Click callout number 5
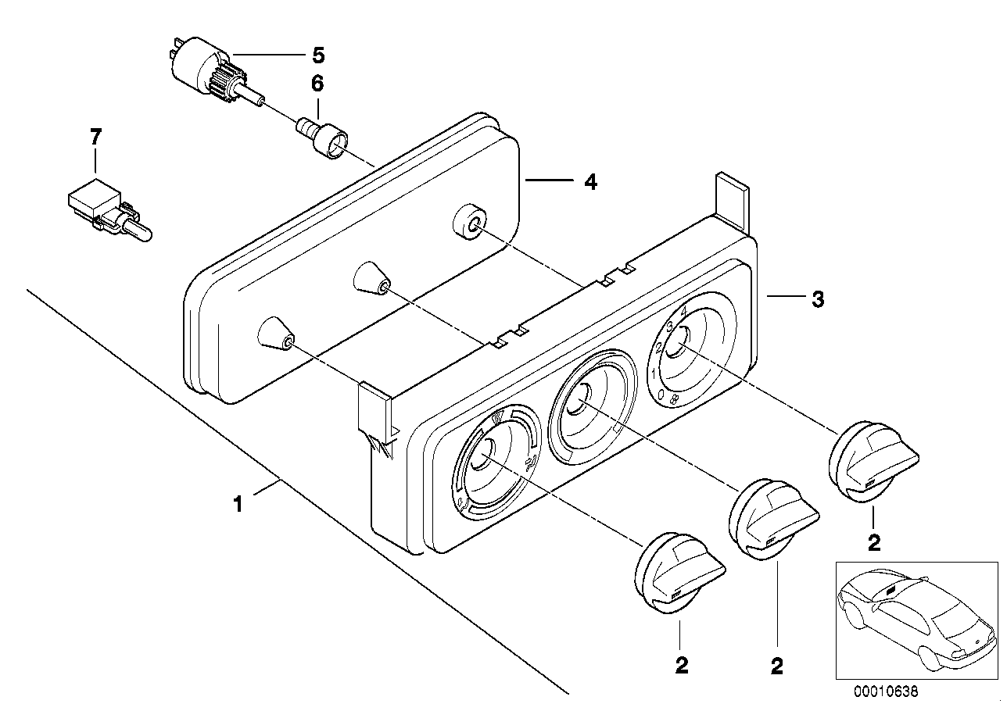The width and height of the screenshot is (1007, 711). [x=317, y=55]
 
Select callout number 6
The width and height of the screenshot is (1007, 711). [x=317, y=84]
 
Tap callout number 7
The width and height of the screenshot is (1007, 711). [x=95, y=138]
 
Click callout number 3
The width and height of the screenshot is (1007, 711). [x=817, y=298]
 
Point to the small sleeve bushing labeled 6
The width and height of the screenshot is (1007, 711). [x=322, y=136]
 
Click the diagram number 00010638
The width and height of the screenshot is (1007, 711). [x=887, y=691]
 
